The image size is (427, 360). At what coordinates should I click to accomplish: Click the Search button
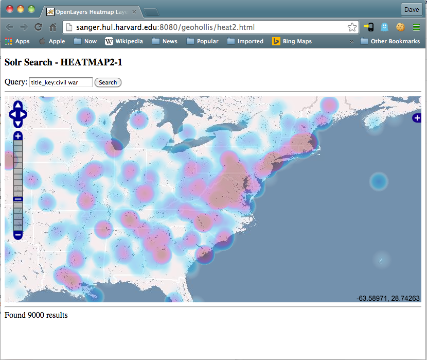[108, 82]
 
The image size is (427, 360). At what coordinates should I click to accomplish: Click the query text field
[61, 82]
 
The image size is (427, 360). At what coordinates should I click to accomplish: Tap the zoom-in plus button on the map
[17, 136]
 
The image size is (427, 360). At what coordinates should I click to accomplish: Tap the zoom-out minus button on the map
[17, 235]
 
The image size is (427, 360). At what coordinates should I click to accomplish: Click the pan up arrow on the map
[17, 105]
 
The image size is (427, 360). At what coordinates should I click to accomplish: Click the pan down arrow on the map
[17, 124]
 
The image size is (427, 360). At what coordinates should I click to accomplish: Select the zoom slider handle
[17, 199]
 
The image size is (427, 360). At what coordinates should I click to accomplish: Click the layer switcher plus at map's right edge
[417, 118]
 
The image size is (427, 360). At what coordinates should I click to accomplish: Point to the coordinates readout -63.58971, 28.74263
[388, 298]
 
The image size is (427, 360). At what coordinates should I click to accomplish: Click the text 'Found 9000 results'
[36, 315]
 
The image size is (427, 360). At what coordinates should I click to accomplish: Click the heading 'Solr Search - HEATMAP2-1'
[63, 62]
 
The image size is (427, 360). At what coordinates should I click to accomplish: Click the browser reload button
[38, 27]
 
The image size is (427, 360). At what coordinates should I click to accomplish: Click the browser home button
[52, 27]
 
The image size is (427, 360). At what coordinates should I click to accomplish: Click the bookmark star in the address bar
[352, 27]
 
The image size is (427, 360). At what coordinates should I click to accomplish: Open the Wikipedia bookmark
[124, 41]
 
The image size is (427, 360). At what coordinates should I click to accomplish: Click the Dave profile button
[412, 9]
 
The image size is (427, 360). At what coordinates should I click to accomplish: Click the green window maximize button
[31, 9]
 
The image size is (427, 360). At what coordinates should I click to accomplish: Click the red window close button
[10, 9]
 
